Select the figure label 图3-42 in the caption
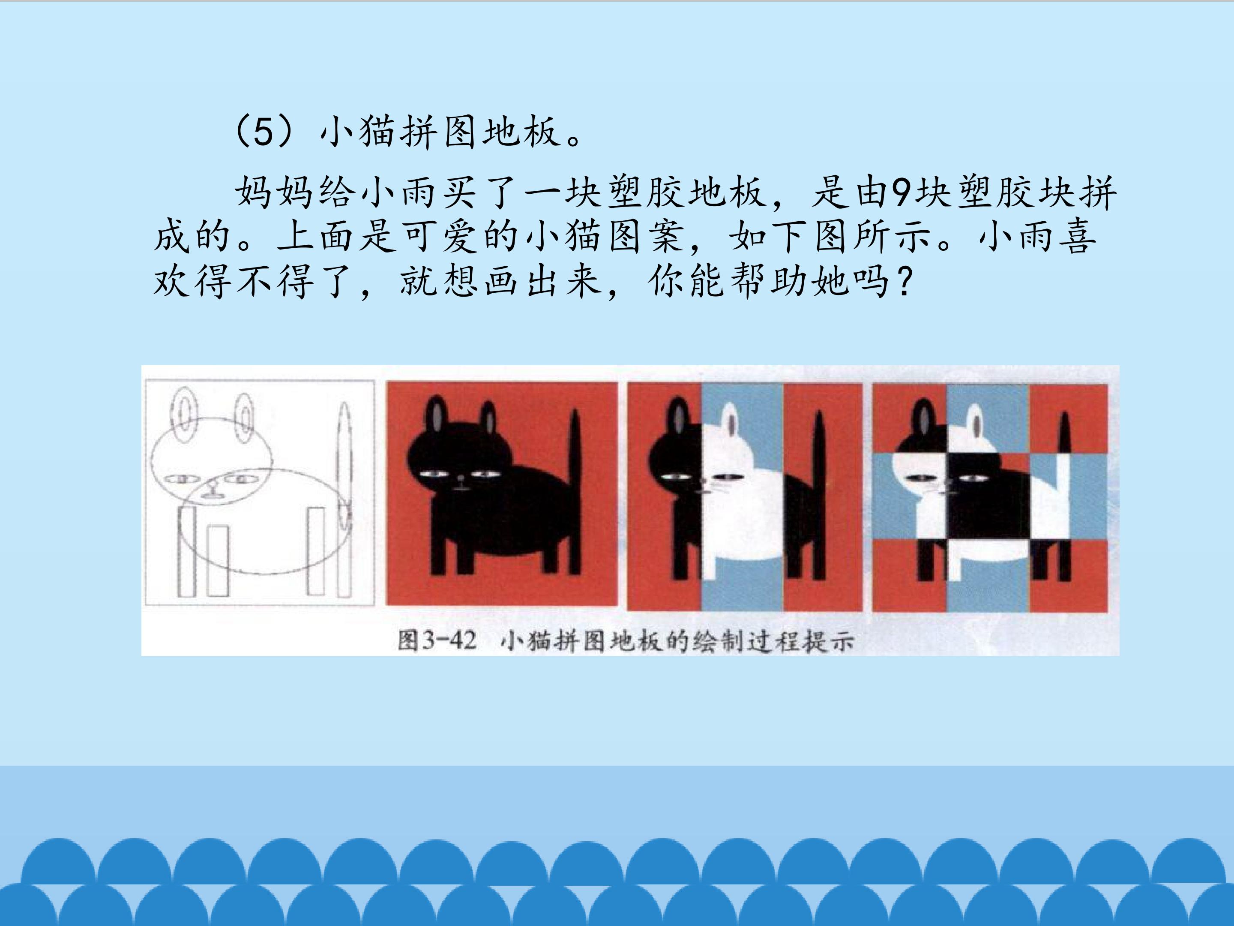(437, 641)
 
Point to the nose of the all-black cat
(461, 478)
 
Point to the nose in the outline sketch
(211, 492)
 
